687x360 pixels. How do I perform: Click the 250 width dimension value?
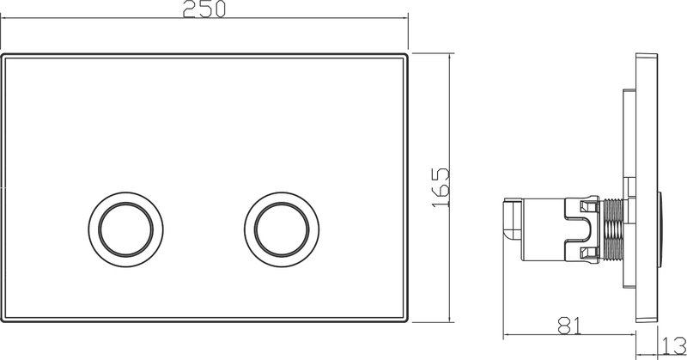coord(204,9)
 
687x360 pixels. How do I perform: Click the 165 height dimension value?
coord(441,187)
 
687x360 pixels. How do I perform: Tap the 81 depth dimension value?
coord(569,326)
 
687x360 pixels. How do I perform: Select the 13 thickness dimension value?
coord(674,345)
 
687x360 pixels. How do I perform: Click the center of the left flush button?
coord(125,229)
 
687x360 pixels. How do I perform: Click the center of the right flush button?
coord(282,229)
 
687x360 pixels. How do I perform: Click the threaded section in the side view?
coord(613,230)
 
